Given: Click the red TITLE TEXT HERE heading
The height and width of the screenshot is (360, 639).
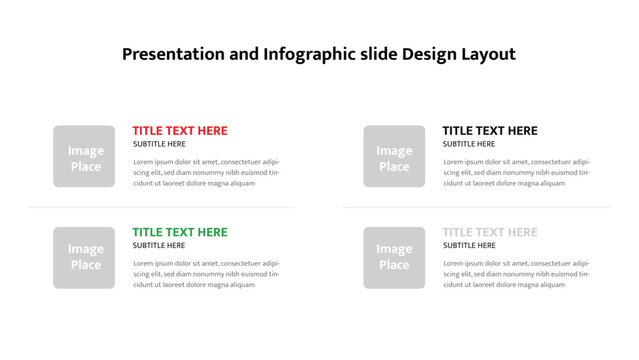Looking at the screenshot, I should click(180, 131).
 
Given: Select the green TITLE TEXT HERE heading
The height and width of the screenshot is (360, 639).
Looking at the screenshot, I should click(180, 232).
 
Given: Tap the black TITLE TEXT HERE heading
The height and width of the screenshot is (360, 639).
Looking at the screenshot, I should click(490, 131).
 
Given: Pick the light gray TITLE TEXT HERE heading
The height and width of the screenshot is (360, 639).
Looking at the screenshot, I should click(490, 232).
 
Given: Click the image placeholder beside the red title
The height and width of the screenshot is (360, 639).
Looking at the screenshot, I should click(84, 156).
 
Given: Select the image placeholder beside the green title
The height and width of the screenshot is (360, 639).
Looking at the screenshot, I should click(84, 257).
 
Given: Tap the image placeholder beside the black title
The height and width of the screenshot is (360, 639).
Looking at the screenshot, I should click(394, 156).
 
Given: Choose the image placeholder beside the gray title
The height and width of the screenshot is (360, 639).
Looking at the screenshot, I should click(394, 257).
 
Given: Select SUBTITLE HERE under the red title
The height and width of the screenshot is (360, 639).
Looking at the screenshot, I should click(159, 144).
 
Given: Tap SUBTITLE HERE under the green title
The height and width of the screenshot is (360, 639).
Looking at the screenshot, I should click(159, 245).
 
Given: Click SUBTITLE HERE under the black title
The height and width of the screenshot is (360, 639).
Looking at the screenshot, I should click(469, 144).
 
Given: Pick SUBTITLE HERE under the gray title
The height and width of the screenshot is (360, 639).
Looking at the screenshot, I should click(469, 245).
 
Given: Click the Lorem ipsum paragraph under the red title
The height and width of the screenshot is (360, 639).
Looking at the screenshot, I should click(206, 172).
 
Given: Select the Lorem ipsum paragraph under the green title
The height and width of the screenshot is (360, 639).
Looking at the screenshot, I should click(206, 273).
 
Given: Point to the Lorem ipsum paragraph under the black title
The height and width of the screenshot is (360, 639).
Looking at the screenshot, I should click(516, 172).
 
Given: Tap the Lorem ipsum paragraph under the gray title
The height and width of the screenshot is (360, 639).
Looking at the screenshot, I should click(516, 273).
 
